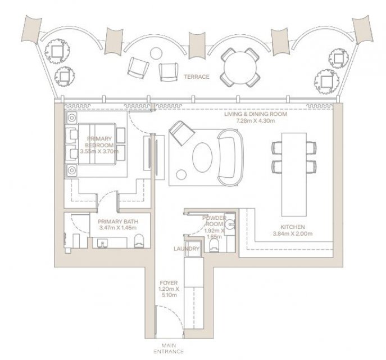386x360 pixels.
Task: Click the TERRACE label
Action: click(197, 76)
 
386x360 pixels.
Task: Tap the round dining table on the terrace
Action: click(240, 67)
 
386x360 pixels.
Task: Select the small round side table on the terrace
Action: click(156, 53)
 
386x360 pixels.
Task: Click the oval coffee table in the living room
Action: click(202, 157)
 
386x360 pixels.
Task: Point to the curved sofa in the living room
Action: click(230, 157)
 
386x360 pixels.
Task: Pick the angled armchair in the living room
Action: click(181, 133)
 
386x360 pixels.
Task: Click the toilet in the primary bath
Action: click(139, 241)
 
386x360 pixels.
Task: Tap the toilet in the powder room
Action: click(214, 246)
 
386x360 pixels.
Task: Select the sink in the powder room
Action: click(231, 224)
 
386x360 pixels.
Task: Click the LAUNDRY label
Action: click(187, 249)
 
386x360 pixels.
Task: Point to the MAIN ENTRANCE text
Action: click(169, 348)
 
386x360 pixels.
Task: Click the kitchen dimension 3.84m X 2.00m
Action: click(293, 233)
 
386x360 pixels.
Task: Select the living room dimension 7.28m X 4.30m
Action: click(256, 121)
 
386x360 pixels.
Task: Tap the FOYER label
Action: click(169, 283)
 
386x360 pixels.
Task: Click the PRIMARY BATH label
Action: click(118, 222)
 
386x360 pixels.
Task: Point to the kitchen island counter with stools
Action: click(294, 175)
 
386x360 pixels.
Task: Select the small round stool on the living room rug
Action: click(181, 175)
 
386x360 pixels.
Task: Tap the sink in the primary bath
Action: click(102, 244)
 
